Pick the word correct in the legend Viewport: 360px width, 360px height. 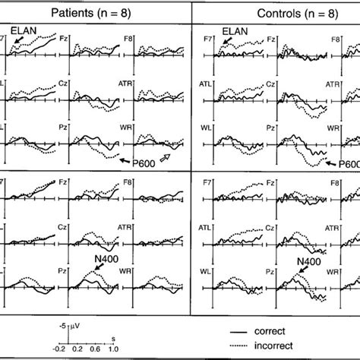coord(285,333)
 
